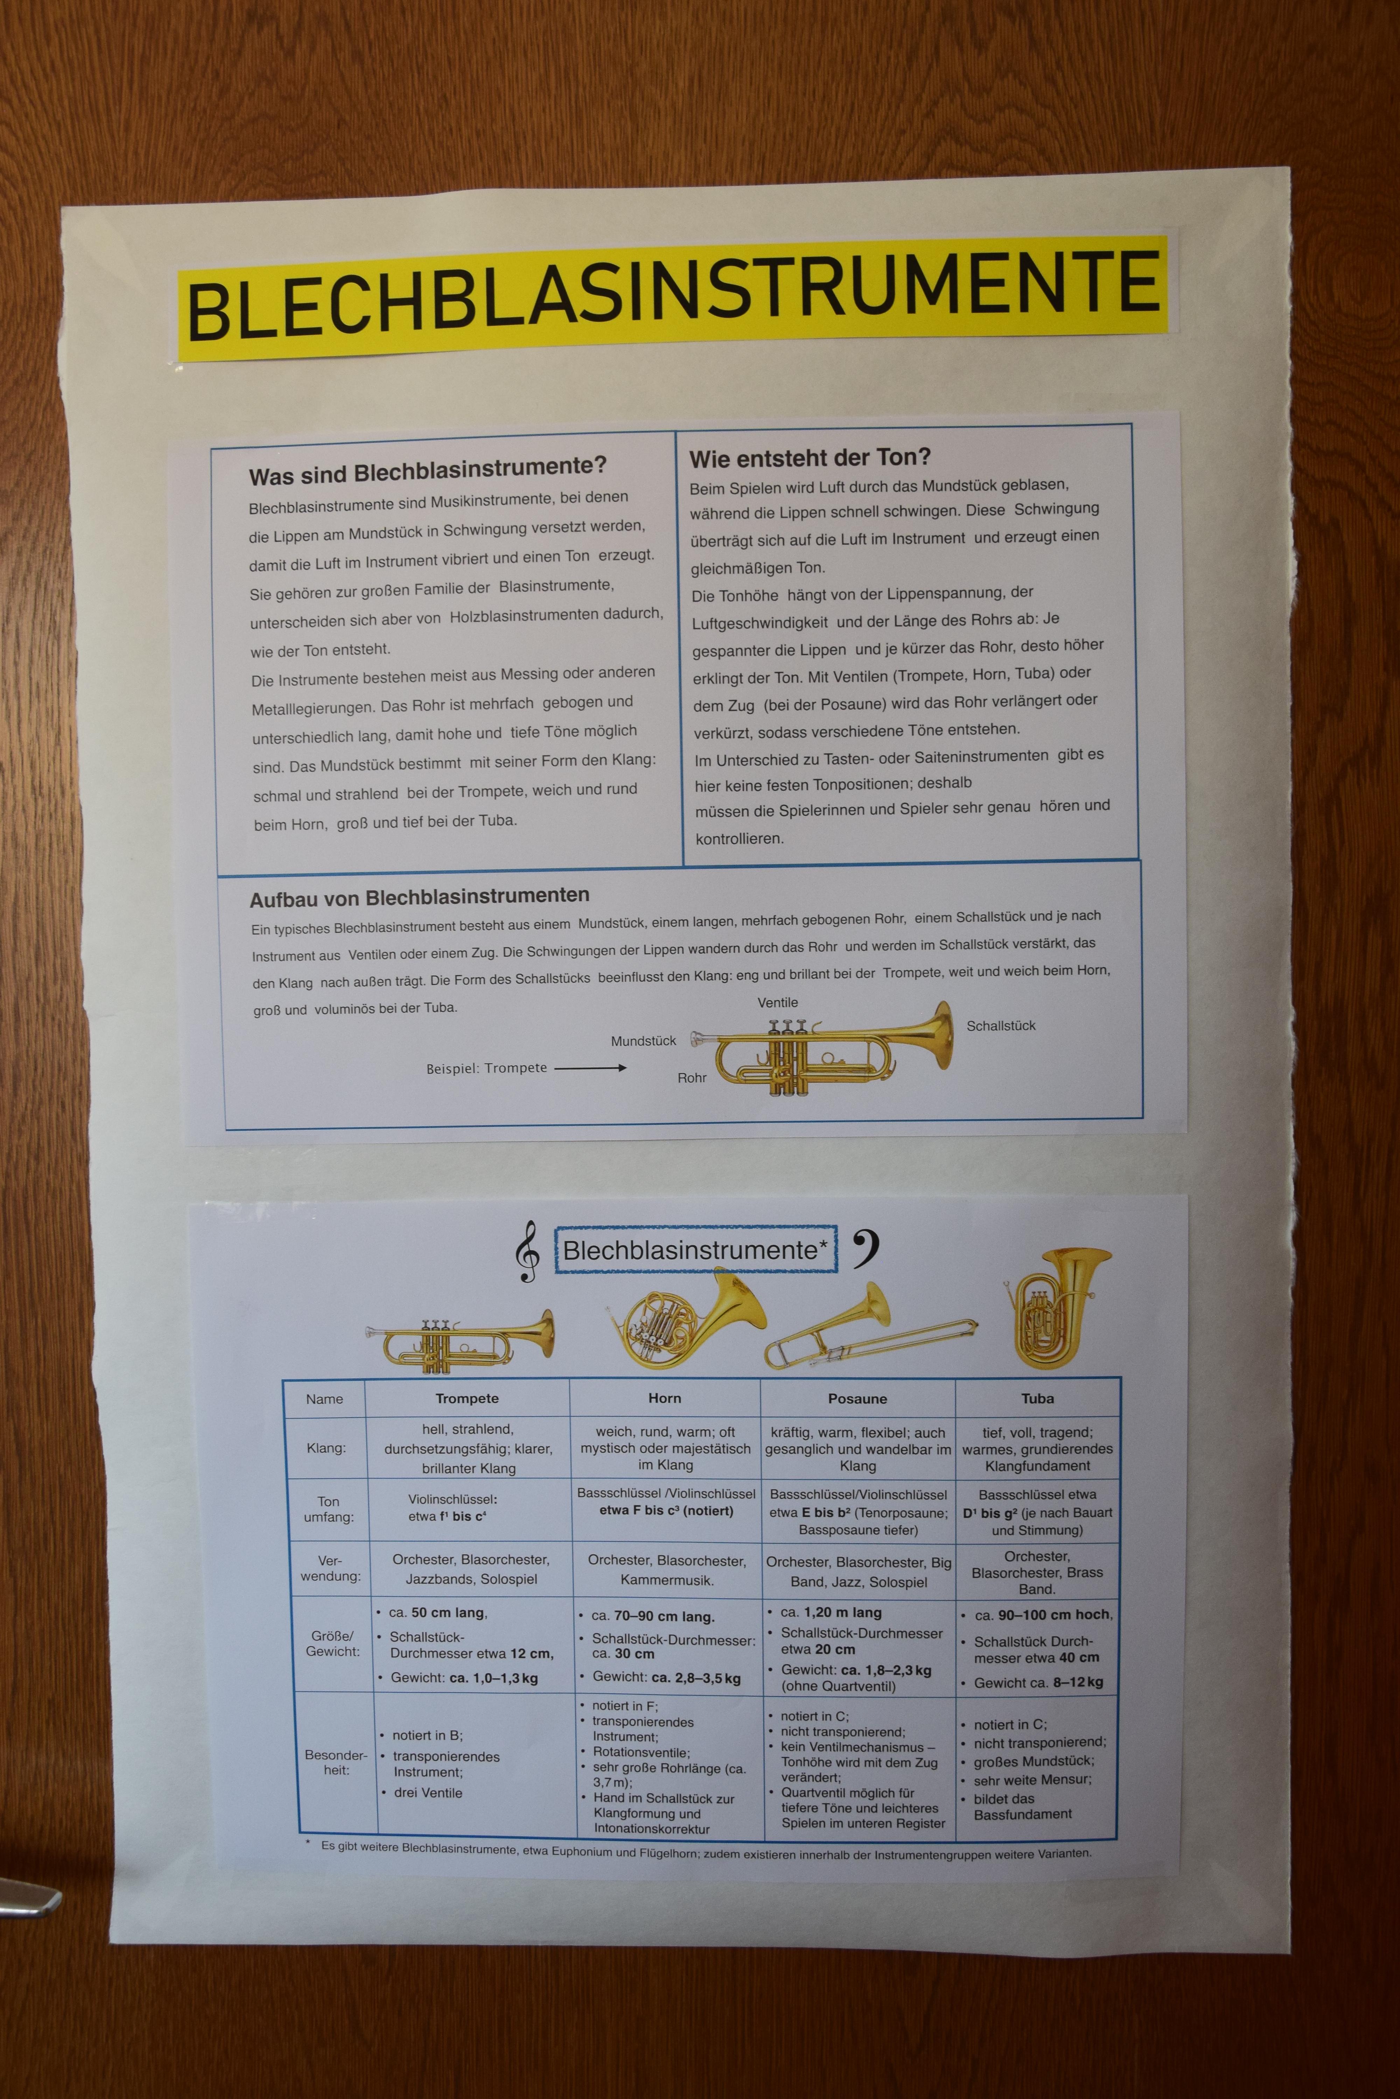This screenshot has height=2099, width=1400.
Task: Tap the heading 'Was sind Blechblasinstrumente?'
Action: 428,470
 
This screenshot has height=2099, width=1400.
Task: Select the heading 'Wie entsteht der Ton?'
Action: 810,458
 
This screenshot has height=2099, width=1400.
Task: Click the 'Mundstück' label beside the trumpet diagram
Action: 643,1040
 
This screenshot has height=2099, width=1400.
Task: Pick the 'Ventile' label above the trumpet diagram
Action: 778,1002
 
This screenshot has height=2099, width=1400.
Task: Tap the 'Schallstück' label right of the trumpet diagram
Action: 1001,1025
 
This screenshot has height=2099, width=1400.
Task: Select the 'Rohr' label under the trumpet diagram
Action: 692,1077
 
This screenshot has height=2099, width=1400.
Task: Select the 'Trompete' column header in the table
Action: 467,1398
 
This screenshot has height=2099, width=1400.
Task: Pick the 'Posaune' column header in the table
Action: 857,1398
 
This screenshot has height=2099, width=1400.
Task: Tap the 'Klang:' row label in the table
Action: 326,1448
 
